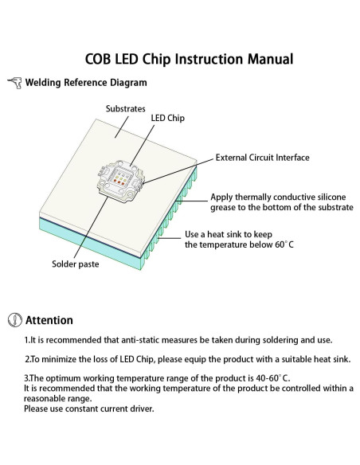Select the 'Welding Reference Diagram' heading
point(85,83)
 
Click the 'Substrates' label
point(125,107)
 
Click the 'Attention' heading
point(49,321)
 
